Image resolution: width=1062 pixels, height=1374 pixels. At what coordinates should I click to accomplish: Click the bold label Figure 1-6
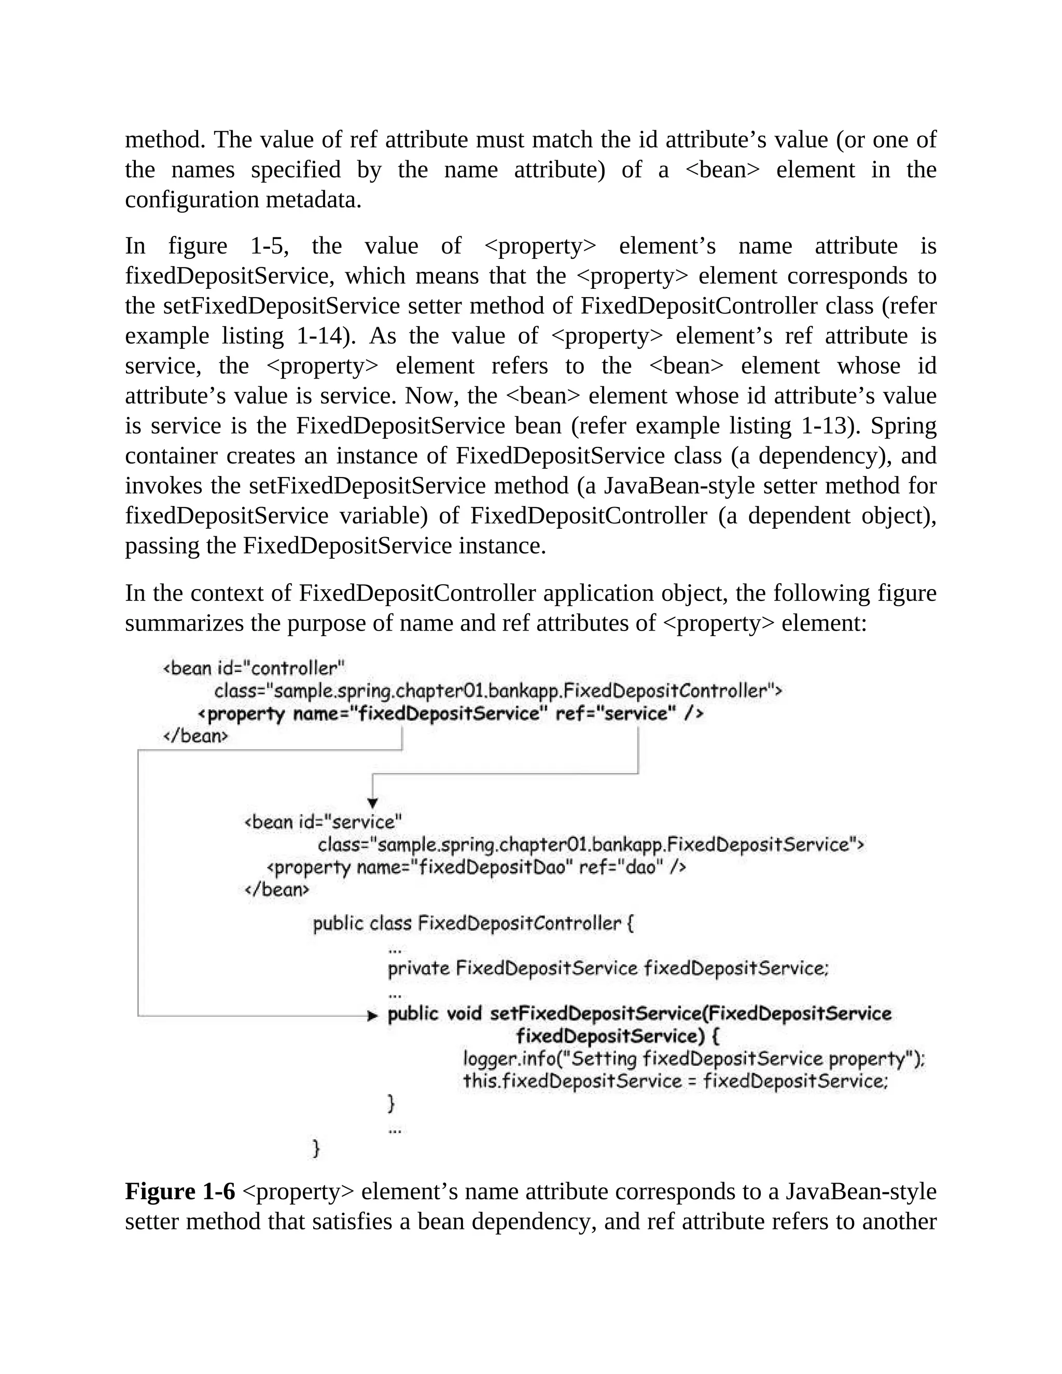[180, 1191]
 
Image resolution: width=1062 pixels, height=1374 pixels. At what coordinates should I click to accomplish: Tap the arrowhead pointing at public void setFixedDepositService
[372, 1015]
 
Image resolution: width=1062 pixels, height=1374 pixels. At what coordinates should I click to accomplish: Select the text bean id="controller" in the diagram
[254, 667]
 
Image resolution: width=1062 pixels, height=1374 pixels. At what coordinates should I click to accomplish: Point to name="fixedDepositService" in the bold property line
[416, 713]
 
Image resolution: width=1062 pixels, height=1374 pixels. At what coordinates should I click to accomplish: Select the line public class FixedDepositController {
[473, 923]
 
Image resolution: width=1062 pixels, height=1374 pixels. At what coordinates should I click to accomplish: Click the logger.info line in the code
[693, 1059]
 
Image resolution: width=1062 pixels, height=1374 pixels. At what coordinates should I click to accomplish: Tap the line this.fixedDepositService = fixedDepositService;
[675, 1082]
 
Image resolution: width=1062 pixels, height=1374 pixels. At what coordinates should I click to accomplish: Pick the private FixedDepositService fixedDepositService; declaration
[608, 968]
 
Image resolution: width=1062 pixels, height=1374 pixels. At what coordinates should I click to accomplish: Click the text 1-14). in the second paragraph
[325, 336]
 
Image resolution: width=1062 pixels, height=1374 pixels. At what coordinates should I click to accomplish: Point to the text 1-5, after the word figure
[269, 246]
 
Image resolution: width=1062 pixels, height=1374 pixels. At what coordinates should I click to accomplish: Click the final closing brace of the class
[316, 1149]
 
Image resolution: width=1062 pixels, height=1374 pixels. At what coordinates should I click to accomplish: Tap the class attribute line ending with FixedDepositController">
[497, 691]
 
